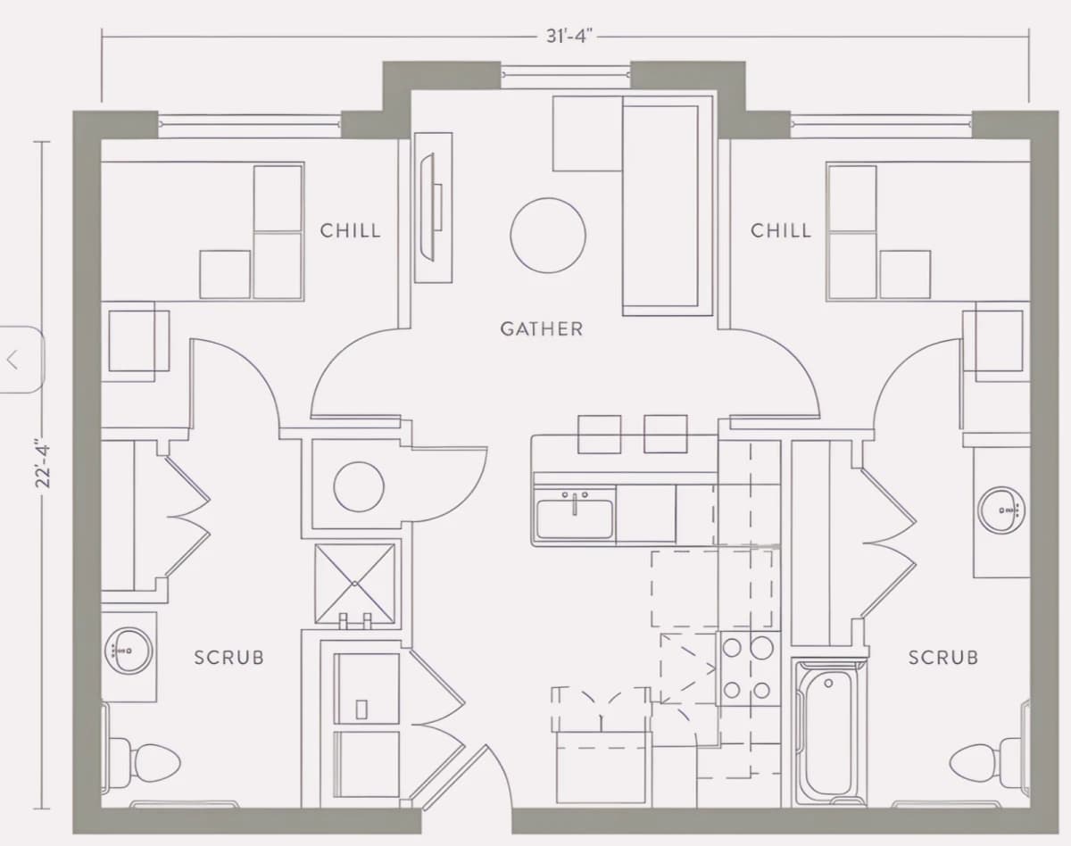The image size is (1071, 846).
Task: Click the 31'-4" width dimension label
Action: pyautogui.click(x=569, y=36)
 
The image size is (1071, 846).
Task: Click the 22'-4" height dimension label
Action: pyautogui.click(x=44, y=463)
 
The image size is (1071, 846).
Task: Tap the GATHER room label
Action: pyautogui.click(x=542, y=329)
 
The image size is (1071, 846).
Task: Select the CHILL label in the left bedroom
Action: pyautogui.click(x=351, y=230)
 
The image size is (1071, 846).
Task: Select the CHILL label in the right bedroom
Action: pyautogui.click(x=781, y=230)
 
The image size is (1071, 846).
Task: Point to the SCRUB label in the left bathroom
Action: pyautogui.click(x=229, y=658)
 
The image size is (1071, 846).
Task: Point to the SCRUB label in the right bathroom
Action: pyautogui.click(x=943, y=658)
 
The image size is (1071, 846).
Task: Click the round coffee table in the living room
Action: pyautogui.click(x=548, y=236)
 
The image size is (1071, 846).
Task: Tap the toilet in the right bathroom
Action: pyautogui.click(x=988, y=763)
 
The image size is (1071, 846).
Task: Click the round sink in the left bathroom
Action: pyautogui.click(x=129, y=651)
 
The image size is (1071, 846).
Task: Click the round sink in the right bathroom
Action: pyautogui.click(x=1001, y=510)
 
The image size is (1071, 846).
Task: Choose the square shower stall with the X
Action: pyautogui.click(x=355, y=584)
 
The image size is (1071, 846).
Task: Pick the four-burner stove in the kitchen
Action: pyautogui.click(x=749, y=668)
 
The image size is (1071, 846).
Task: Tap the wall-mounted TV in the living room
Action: pyautogui.click(x=432, y=207)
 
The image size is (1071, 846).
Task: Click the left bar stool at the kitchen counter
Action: pyautogui.click(x=599, y=434)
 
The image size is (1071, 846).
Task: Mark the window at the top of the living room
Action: pyautogui.click(x=566, y=75)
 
